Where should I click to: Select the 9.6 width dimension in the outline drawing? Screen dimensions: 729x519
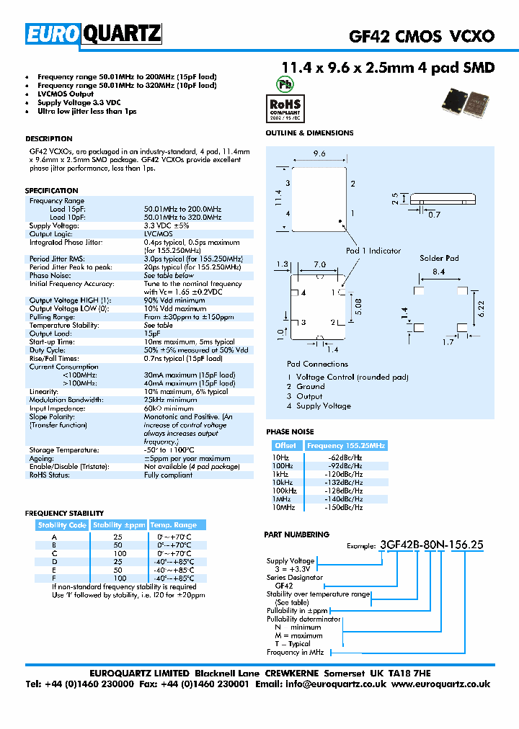[x=319, y=153]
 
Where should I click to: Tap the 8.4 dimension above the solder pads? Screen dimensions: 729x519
[x=439, y=272]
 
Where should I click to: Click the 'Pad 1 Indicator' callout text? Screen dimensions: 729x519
[x=373, y=251]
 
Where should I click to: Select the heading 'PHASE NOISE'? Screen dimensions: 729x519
[x=290, y=431]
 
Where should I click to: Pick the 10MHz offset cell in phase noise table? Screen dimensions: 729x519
[x=283, y=508]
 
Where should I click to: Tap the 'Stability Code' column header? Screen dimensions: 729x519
[x=63, y=525]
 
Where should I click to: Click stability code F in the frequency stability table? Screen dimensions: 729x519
[x=53, y=578]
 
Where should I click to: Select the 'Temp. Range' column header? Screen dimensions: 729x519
[x=174, y=525]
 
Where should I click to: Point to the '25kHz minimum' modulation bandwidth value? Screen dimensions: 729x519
[x=170, y=400]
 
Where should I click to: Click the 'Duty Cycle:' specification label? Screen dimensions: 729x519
[x=48, y=349]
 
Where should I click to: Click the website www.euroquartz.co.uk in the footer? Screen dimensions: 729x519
[x=440, y=684]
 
